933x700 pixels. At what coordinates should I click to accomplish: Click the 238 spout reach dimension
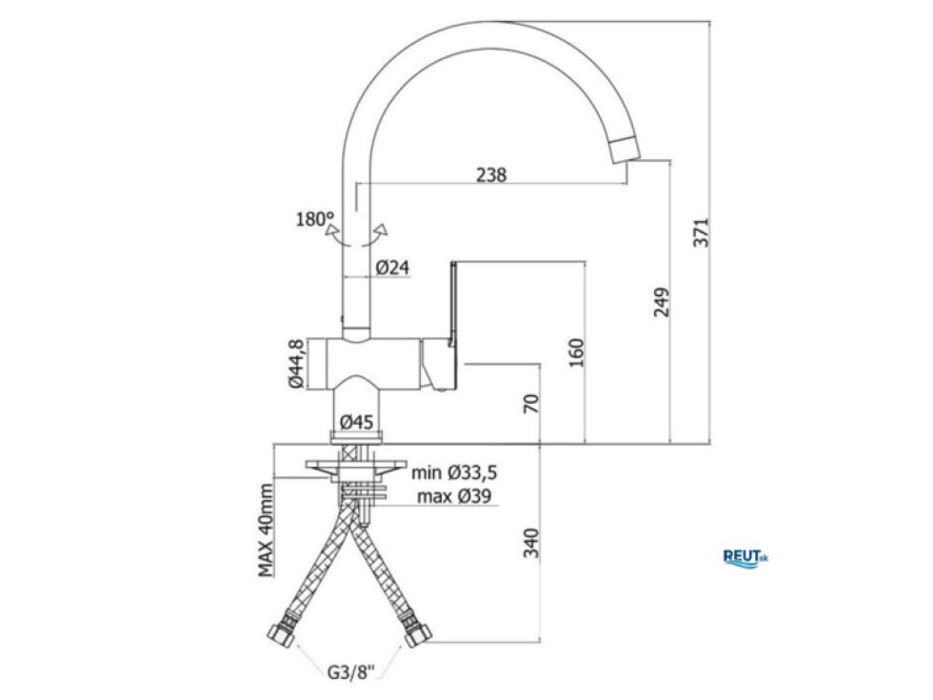pos(491,175)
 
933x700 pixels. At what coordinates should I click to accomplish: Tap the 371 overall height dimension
pos(703,232)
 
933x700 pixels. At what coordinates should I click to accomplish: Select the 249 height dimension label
pos(662,303)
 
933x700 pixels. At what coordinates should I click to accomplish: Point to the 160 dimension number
pos(577,352)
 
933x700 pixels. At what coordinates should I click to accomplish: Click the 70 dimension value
pos(531,403)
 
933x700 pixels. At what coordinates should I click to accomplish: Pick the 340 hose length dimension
pos(531,543)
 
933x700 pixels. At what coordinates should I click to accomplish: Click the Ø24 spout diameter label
pos(392,268)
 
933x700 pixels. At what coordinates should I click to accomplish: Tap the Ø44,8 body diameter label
pos(296,364)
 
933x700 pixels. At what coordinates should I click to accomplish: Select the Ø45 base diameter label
pos(356,422)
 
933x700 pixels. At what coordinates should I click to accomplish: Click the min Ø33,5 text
pos(455,472)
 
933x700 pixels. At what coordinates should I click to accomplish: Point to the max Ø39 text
pos(455,496)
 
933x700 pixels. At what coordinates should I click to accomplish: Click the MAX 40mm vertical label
pos(266,530)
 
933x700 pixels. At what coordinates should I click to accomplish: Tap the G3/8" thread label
pos(351,672)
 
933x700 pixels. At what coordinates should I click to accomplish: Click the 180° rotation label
pos(315,219)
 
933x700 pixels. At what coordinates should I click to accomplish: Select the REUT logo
pos(745,558)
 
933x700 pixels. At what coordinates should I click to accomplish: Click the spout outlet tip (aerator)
pos(625,150)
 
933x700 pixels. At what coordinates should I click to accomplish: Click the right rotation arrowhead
pos(381,230)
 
